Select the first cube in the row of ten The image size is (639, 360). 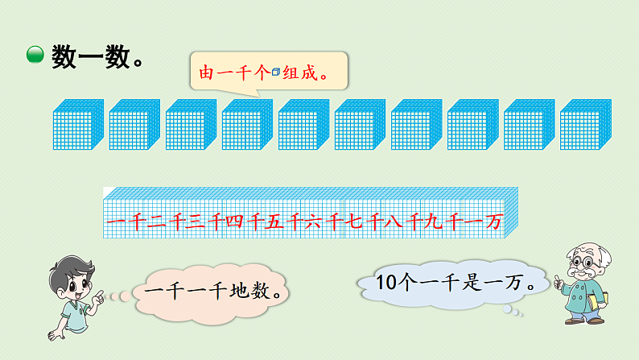tap(77, 124)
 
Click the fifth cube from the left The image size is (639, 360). tap(303, 124)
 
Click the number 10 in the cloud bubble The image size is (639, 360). tap(388, 283)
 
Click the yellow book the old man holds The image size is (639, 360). tap(592, 301)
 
